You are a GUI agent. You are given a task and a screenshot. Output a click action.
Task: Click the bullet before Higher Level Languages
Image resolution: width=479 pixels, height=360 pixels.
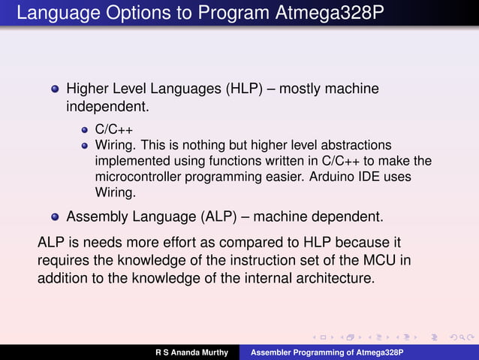[x=54, y=89]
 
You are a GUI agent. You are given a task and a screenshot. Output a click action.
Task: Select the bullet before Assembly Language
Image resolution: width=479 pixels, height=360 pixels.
[x=54, y=217]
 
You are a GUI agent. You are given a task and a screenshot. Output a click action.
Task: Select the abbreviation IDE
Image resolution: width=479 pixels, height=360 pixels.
[x=393, y=176]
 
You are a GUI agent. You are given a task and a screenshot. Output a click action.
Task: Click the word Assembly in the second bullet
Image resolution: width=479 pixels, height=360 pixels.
[x=95, y=217]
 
